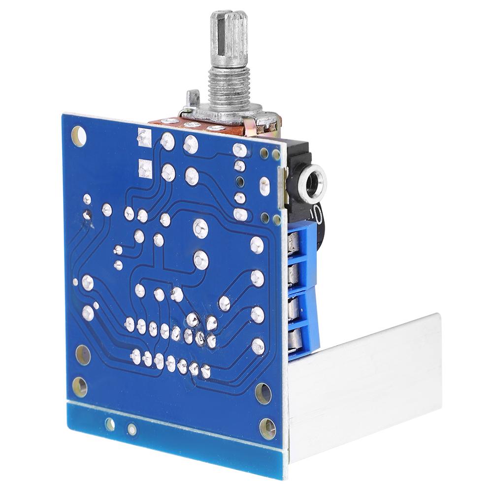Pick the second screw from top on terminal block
295,274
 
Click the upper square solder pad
144,137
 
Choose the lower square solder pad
144,168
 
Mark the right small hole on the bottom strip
131,429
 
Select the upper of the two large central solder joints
199,227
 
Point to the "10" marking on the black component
315,214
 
